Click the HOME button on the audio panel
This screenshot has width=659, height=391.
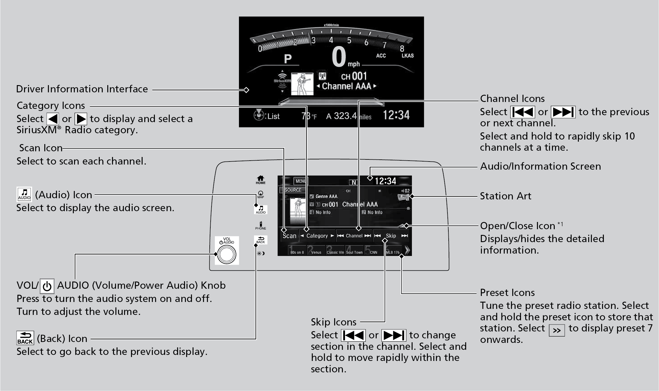coord(261,180)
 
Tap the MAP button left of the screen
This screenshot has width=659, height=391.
coord(261,194)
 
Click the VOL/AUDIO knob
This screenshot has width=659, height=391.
coord(227,254)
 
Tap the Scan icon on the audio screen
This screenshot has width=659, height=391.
coord(289,236)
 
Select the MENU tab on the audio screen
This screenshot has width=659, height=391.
coord(300,181)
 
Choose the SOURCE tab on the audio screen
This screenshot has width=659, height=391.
coord(292,190)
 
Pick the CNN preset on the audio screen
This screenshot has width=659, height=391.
coord(373,251)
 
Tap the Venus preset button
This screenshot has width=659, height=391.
coord(316,251)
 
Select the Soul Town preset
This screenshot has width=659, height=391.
coord(354,251)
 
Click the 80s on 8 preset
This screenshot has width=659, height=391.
coord(297,251)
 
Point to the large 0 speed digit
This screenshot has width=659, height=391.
coord(339,57)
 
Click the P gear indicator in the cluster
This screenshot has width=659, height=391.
coord(288,59)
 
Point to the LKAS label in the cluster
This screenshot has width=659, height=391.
coord(407,56)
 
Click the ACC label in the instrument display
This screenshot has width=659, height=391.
coord(381,56)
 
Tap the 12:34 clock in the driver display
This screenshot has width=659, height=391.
coord(396,115)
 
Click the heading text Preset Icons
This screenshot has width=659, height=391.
coord(507,292)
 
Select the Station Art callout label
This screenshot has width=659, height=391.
coord(505,196)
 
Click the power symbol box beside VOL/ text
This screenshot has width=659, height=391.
coord(47,286)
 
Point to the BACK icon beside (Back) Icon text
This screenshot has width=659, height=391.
coord(25,338)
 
